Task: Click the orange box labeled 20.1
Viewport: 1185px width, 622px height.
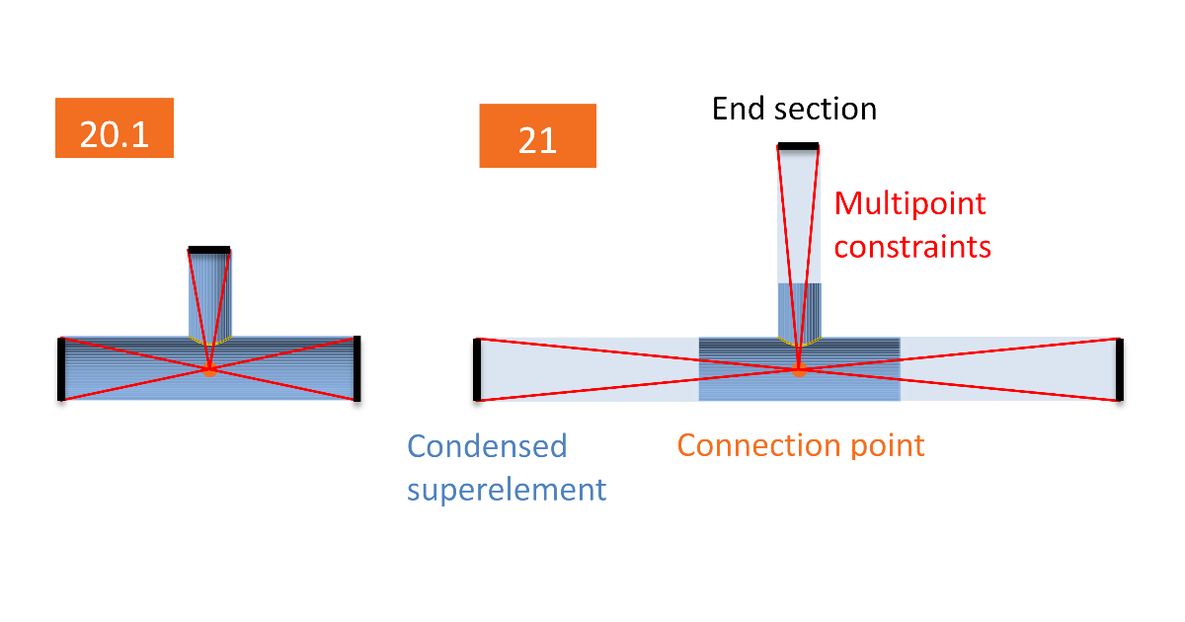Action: [x=115, y=128]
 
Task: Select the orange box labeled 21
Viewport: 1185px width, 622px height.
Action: [x=537, y=136]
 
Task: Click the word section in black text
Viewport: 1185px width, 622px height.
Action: [x=824, y=108]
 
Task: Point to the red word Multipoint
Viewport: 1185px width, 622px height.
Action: [x=909, y=204]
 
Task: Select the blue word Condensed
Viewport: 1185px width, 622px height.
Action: [x=487, y=446]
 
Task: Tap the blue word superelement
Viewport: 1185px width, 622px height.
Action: [x=507, y=488]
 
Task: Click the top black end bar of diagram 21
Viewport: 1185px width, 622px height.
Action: [x=798, y=147]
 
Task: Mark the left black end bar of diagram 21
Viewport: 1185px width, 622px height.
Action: [x=477, y=370]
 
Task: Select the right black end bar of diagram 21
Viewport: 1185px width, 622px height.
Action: [x=1120, y=370]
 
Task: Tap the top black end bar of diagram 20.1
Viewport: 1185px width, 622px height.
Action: [x=209, y=250]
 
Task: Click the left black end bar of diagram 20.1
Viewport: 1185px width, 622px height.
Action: [x=61, y=369]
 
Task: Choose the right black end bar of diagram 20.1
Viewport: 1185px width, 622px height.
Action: [x=356, y=368]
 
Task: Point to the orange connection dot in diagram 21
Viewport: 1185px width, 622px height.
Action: [x=799, y=371]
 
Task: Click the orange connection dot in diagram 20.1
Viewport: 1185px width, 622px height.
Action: [x=209, y=371]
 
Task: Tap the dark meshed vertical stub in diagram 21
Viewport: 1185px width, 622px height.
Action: [x=799, y=308]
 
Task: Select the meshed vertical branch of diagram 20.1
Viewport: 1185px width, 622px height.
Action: [x=209, y=294]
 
